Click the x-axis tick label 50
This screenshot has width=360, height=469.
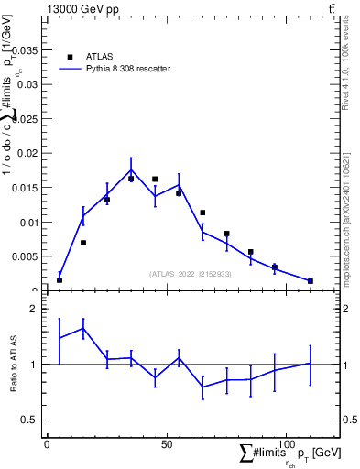[166, 444]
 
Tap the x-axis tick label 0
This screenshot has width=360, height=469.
[47, 444]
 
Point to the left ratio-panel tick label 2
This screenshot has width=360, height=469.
[33, 309]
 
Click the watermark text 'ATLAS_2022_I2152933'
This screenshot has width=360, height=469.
[191, 274]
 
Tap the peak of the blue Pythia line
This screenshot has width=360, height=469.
[131, 169]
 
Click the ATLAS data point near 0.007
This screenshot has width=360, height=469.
[83, 243]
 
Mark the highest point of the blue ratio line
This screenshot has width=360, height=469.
[83, 328]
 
